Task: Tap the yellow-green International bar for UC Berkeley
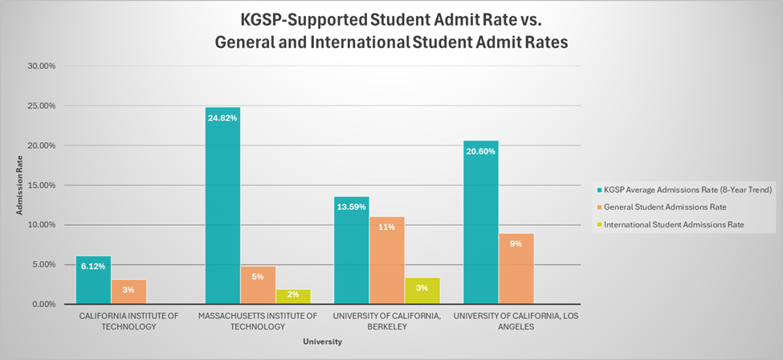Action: tap(422, 291)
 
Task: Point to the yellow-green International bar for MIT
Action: tap(293, 297)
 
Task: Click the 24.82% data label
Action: tap(222, 118)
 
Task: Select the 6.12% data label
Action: tap(93, 267)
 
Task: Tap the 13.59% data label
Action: tap(351, 207)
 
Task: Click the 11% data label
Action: tap(387, 227)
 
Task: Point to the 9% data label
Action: tap(516, 243)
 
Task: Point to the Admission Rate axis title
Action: tap(19, 186)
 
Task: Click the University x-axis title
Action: tap(322, 342)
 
